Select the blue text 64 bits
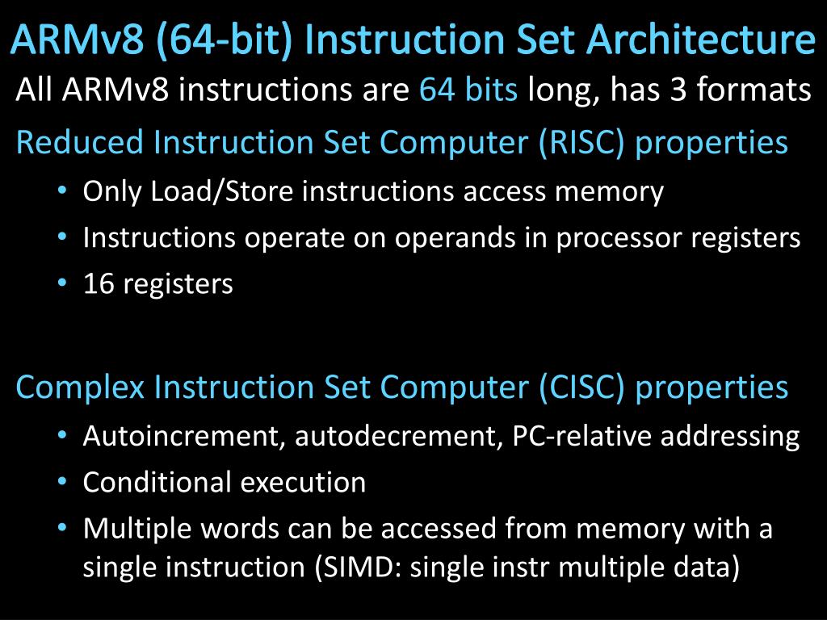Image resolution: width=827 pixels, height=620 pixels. [468, 90]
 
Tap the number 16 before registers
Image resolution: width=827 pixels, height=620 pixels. [98, 284]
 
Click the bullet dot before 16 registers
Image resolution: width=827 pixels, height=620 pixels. [63, 284]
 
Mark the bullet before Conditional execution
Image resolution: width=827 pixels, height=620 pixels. [63, 483]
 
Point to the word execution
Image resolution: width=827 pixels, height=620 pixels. [304, 483]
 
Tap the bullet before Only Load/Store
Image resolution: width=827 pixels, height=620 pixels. [63, 192]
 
